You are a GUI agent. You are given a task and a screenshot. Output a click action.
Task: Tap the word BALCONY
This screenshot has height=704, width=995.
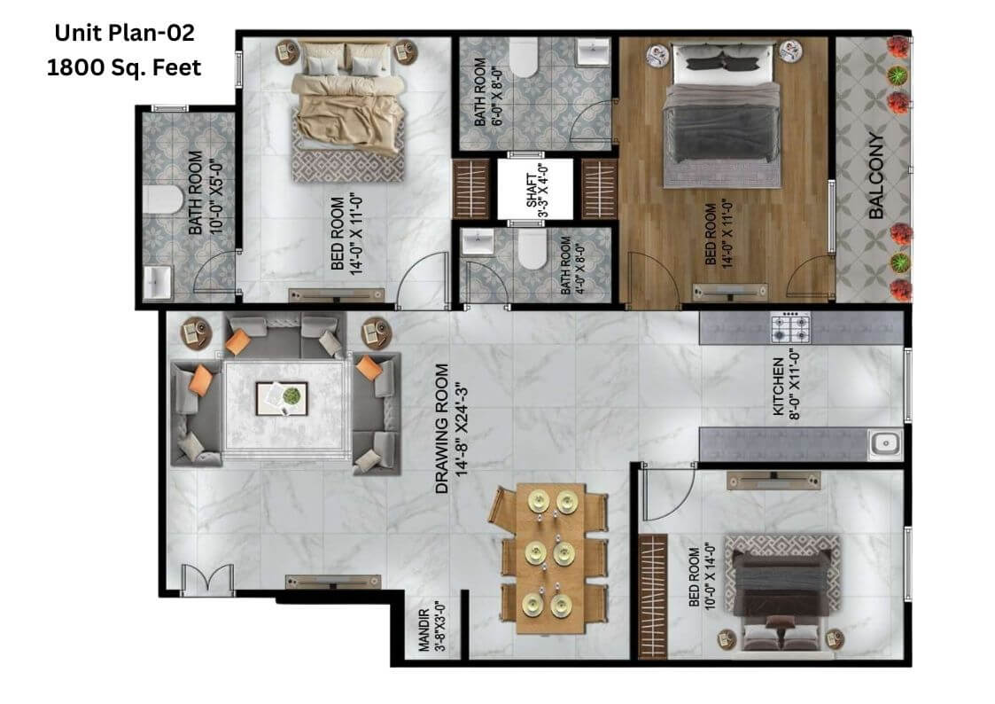(875, 176)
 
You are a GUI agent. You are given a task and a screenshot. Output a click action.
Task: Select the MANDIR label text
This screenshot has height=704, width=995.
(424, 630)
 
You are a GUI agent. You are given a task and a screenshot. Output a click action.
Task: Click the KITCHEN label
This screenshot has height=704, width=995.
(778, 387)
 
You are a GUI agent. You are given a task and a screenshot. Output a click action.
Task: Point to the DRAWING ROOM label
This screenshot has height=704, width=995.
(441, 428)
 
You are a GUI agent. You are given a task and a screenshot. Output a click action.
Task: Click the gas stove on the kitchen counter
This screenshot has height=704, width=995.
(790, 327)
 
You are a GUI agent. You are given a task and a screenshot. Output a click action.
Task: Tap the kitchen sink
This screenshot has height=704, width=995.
(884, 443)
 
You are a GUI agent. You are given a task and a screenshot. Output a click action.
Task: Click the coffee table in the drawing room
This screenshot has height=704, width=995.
(282, 399)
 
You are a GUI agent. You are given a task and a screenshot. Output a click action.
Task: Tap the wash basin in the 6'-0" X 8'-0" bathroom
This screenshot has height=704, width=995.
(593, 52)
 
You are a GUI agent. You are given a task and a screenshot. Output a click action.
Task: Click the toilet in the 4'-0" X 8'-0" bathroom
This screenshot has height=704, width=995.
(532, 249)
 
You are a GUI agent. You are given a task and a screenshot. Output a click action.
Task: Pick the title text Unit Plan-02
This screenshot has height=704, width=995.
(124, 33)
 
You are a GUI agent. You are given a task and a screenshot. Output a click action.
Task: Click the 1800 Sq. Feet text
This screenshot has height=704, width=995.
(124, 67)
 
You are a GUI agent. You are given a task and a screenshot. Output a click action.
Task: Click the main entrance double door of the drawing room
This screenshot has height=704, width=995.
(207, 579)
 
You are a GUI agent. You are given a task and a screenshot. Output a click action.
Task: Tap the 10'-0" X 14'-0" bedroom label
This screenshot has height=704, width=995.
(702, 576)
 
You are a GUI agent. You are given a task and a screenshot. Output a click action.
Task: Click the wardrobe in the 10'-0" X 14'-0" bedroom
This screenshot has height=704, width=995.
(653, 597)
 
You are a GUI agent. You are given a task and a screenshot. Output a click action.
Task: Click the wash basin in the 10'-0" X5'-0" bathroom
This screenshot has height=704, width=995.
(158, 282)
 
